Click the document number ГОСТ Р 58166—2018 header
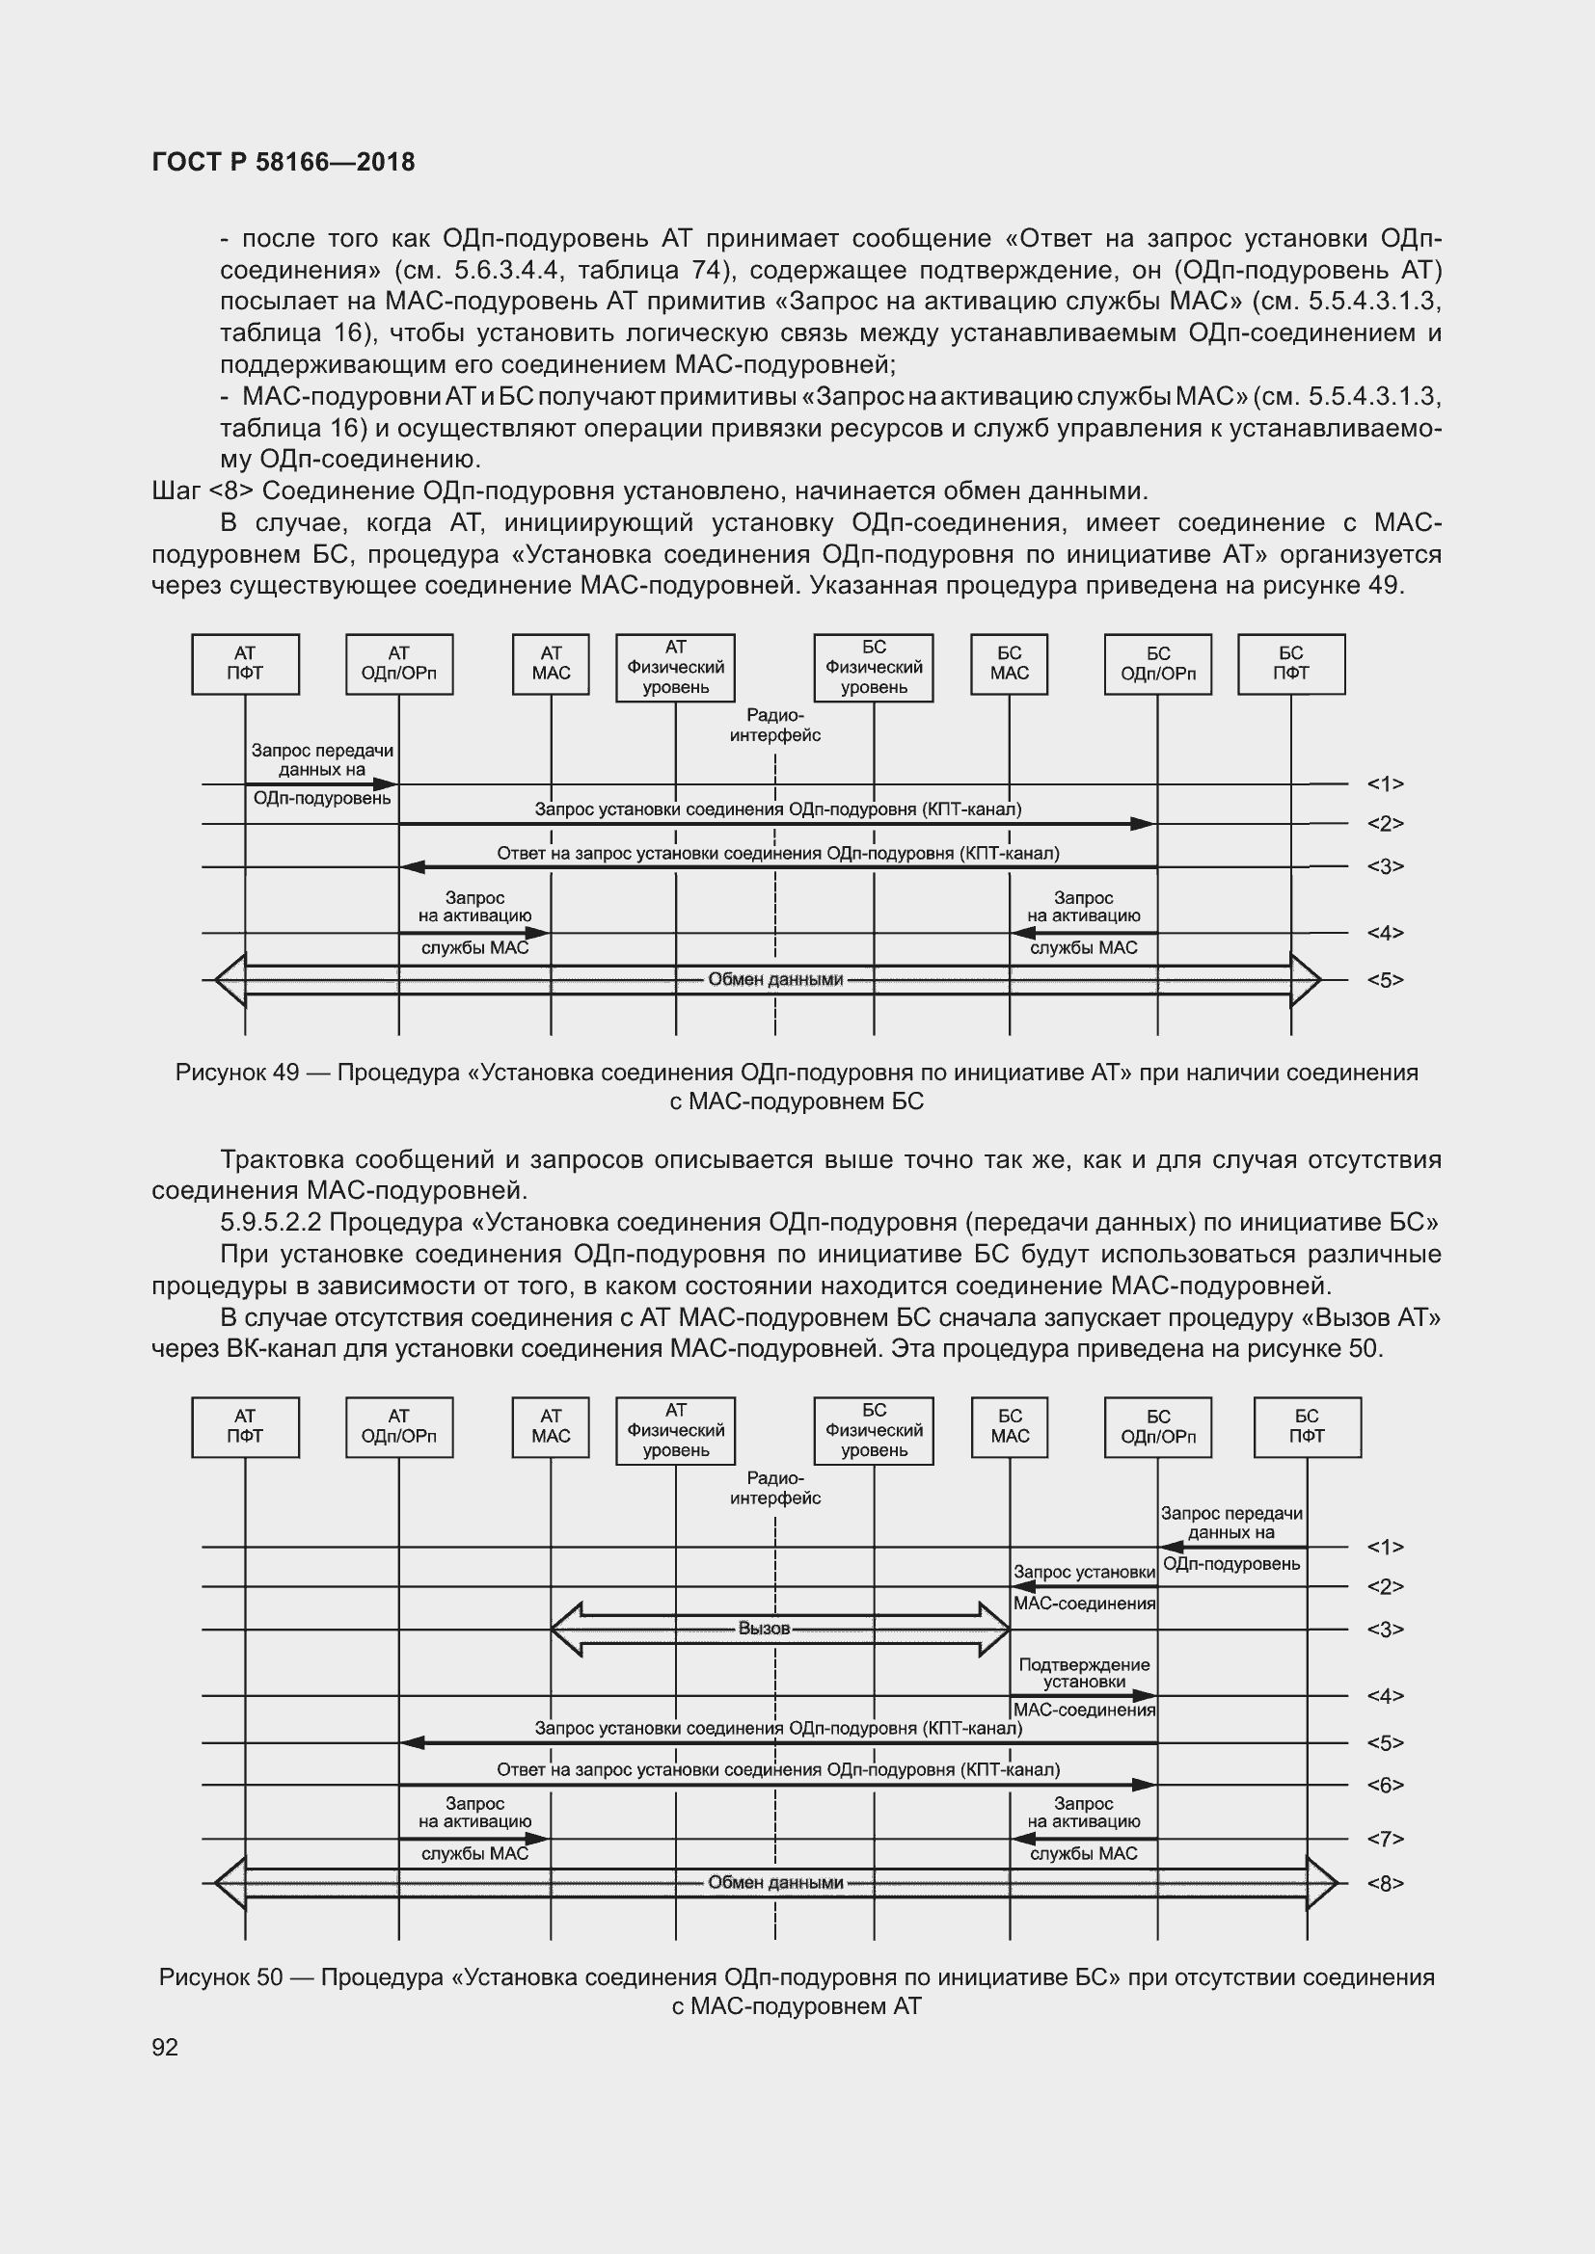coord(284,162)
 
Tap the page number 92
coord(165,2047)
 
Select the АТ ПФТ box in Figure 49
coord(246,664)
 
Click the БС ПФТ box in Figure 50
coord(1307,1426)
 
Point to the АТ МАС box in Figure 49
coord(551,664)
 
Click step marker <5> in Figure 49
coord(1385,980)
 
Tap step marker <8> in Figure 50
coord(1385,1883)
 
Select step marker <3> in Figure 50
coord(1385,1630)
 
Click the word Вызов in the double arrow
coord(764,1629)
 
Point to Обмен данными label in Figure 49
coord(775,980)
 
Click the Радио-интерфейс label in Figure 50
coord(775,1488)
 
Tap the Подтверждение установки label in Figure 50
coord(1083,1674)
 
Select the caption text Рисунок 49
coord(236,1072)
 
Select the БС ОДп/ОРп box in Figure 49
coord(1158,664)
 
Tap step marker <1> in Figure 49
coord(1385,783)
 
